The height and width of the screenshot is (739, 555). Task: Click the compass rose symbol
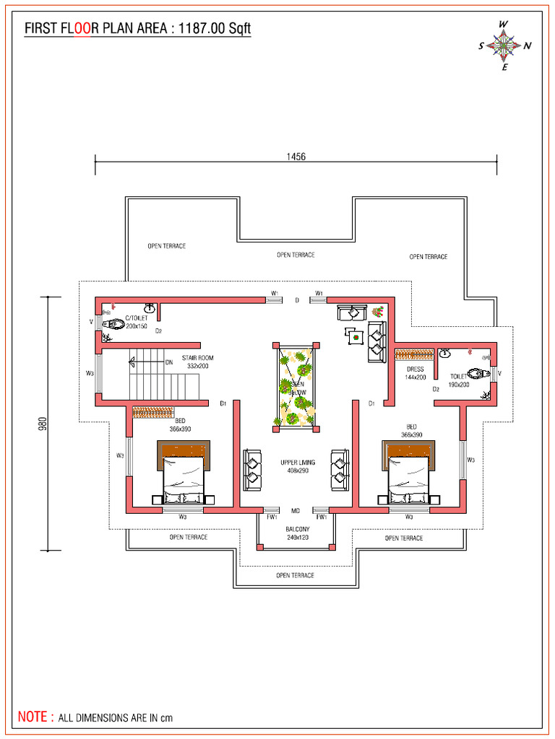(504, 45)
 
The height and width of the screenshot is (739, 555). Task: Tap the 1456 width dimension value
(296, 157)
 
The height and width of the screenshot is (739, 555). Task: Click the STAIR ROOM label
(197, 362)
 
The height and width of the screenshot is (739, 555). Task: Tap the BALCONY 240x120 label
(296, 533)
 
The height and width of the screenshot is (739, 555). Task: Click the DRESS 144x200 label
(416, 373)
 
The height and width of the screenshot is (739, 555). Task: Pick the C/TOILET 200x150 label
(136, 322)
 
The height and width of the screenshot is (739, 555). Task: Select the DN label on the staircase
(168, 362)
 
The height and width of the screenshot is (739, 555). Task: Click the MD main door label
(296, 511)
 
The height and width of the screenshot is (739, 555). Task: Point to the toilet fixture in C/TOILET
(113, 325)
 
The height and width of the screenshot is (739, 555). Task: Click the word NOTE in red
(34, 717)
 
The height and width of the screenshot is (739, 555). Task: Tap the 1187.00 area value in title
(204, 28)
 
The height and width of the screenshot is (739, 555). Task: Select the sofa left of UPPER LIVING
(252, 469)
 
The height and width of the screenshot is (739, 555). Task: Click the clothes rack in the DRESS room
(412, 355)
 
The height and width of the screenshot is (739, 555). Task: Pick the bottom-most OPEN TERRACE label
(295, 575)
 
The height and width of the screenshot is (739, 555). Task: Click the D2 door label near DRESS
(436, 389)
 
